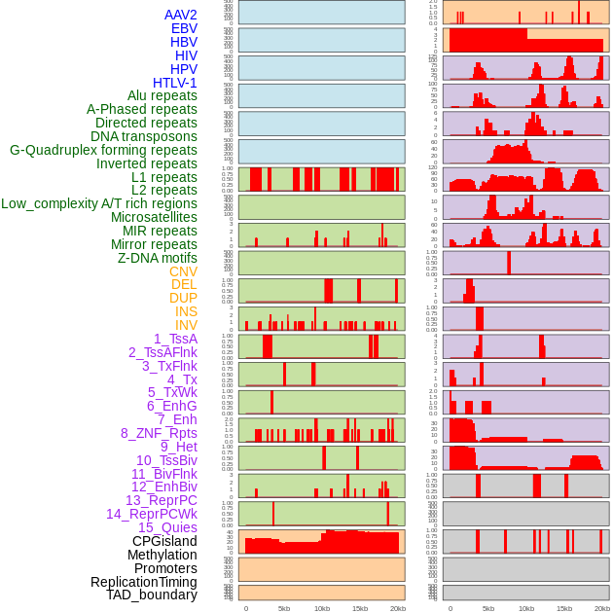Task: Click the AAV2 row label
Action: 180,15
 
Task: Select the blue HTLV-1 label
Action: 174,83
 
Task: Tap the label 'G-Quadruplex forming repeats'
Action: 103,150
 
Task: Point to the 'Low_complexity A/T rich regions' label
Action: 98,203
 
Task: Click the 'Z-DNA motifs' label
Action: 157,258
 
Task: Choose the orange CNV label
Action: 183,271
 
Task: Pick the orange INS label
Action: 186,311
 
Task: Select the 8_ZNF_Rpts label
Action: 159,433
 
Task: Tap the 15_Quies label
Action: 167,527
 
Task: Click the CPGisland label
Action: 164,541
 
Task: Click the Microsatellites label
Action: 154,217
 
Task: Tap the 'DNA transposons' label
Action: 144,136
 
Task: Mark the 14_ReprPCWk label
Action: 151,514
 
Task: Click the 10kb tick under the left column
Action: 321,608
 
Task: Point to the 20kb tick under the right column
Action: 602,608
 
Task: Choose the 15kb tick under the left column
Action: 359,608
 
